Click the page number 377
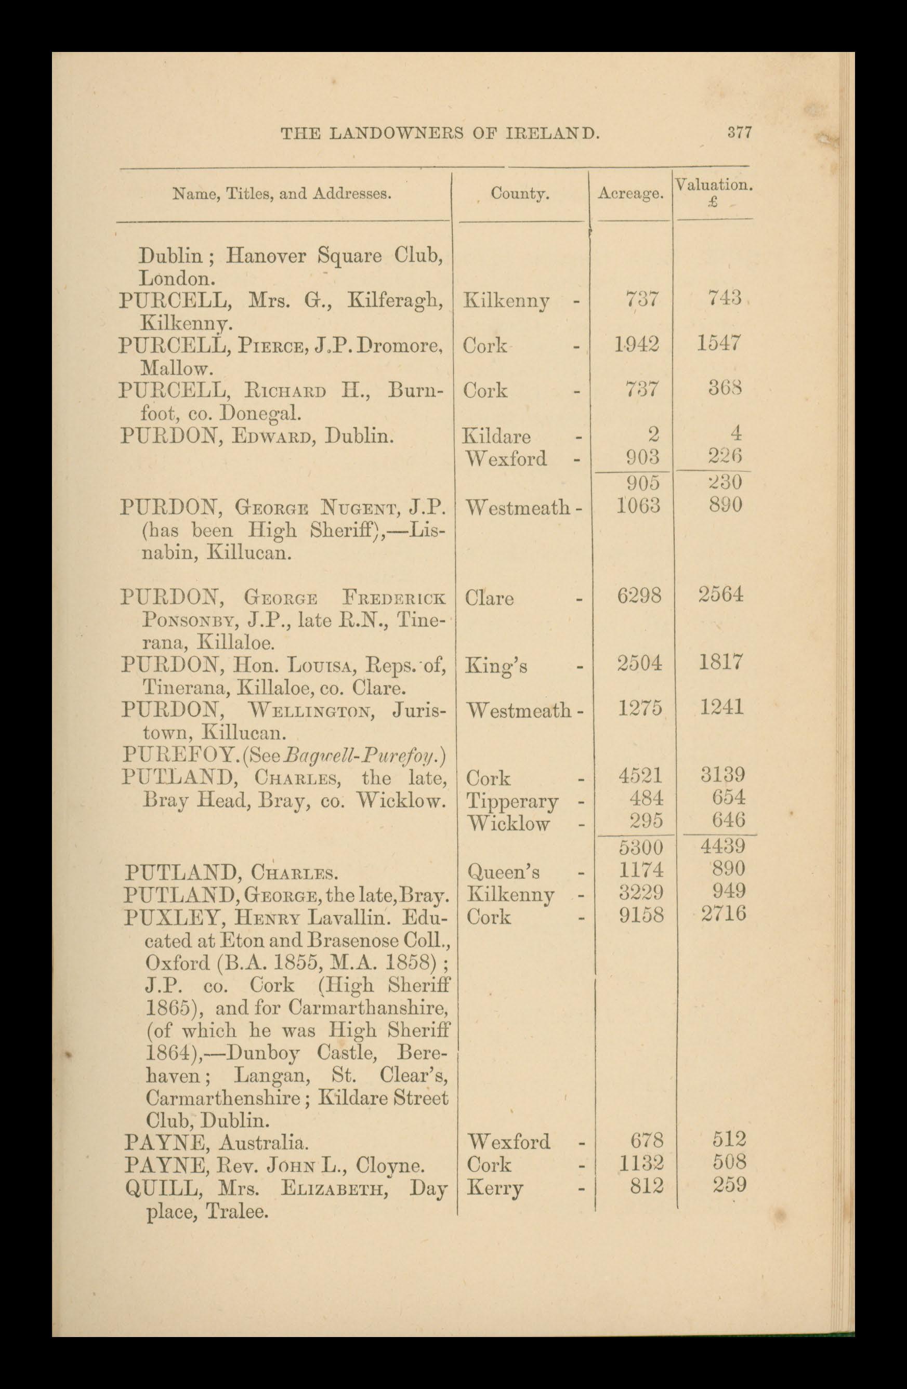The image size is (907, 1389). (x=739, y=133)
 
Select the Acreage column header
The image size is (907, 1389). (x=630, y=194)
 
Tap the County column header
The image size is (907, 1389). (x=519, y=194)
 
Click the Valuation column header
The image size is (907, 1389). (x=713, y=186)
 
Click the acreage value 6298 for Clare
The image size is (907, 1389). (x=639, y=596)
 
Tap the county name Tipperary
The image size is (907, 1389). (x=512, y=802)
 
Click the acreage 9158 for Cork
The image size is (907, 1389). (x=641, y=915)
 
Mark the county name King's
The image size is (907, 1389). (x=495, y=665)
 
